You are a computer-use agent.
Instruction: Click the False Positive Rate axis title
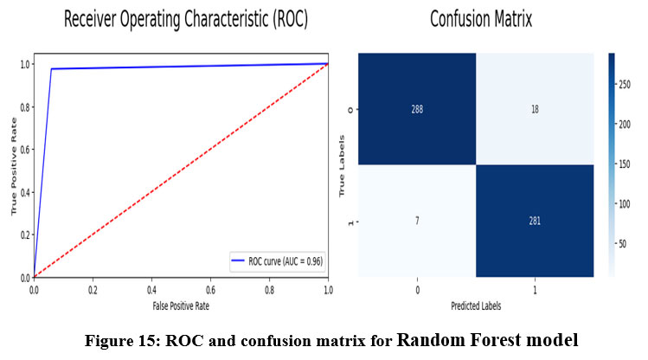180,305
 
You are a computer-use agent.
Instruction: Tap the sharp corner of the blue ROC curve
51,69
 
